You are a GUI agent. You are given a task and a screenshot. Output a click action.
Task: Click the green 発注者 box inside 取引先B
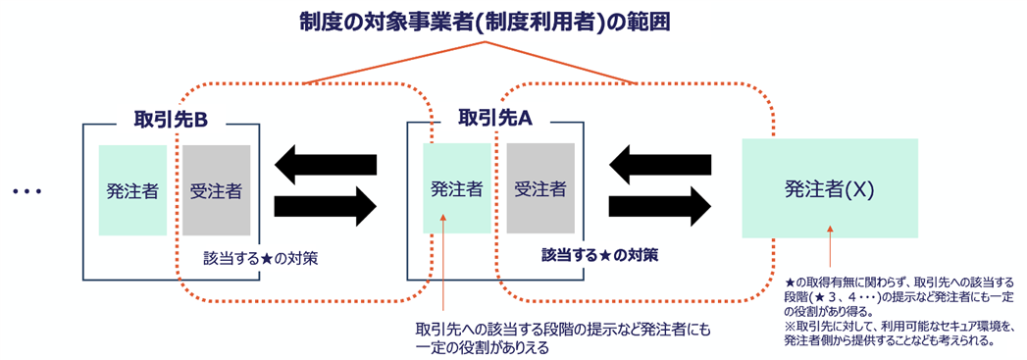tap(132, 190)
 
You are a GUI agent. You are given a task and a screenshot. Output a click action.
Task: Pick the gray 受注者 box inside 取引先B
tap(216, 190)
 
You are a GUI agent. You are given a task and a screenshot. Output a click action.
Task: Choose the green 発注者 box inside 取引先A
tap(456, 188)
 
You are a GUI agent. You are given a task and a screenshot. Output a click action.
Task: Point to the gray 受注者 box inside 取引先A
tap(540, 188)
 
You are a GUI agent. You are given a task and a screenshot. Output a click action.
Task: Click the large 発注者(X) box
tap(829, 188)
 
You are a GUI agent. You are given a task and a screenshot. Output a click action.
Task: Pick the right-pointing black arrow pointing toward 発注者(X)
tap(659, 206)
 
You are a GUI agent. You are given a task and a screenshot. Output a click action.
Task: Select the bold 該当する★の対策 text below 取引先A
tap(599, 254)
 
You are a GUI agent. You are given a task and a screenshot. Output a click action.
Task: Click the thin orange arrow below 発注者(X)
tap(831, 248)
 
